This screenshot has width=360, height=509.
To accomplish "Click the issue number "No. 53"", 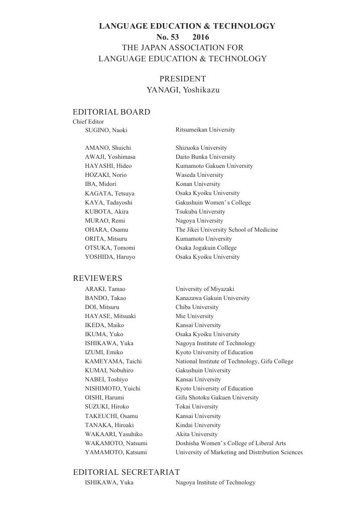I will [168, 37].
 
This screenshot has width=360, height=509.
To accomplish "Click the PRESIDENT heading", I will [183, 79].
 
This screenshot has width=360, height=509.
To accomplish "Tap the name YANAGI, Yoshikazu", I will [183, 90].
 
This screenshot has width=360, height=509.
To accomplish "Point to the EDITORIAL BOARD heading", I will [111, 112].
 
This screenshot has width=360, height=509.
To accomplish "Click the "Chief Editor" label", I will [88, 122].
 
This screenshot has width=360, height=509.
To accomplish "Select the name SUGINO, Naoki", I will [106, 130].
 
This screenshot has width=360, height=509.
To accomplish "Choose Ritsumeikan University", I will [205, 130].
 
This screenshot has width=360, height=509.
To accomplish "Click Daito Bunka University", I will [205, 157].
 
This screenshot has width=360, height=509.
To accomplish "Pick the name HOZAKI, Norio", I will [106, 175].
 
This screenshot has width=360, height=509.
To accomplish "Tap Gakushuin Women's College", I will [213, 202].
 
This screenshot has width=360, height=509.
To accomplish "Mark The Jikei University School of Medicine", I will [226, 230].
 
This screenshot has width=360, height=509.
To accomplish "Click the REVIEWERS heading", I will [97, 278].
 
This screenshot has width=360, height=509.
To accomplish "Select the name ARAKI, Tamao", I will [105, 289].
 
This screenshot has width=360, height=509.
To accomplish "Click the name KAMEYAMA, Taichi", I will [113, 361].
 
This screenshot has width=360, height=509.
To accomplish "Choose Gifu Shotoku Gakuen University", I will [217, 397].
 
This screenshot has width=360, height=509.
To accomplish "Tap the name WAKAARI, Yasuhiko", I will [113, 434].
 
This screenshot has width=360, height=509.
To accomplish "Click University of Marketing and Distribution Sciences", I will [239, 452].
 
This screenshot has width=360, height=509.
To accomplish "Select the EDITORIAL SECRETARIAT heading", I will [126, 472].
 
